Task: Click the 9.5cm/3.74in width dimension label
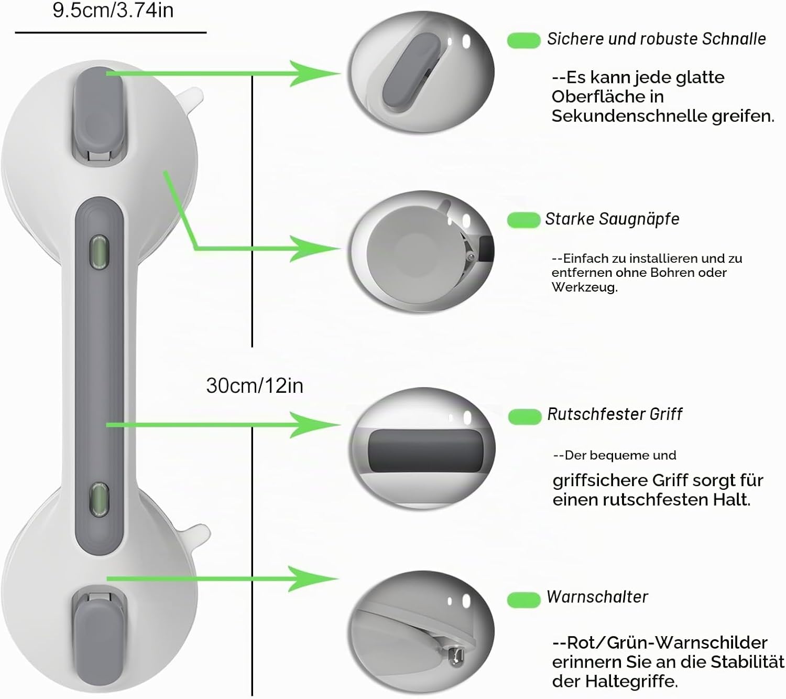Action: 113,10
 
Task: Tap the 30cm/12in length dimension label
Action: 255,385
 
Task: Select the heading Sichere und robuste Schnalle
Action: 657,39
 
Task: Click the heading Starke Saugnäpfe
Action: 612,219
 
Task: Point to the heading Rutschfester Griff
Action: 615,414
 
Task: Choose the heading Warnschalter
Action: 597,597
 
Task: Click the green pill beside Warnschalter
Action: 524,599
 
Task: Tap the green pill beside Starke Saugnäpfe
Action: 523,220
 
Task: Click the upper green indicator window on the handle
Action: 100,252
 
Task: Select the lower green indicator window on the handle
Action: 100,499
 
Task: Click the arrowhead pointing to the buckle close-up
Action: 314,73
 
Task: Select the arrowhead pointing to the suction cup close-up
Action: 314,249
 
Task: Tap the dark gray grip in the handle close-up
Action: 425,450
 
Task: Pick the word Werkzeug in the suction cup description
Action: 584,287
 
